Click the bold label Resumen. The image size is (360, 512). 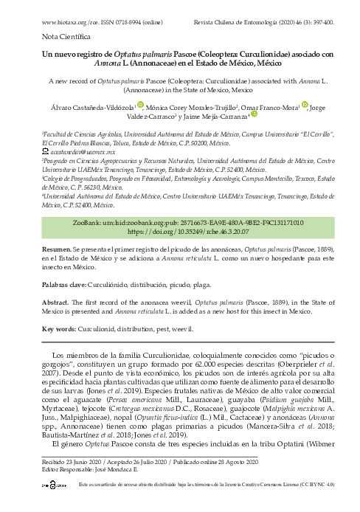click(56, 229)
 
